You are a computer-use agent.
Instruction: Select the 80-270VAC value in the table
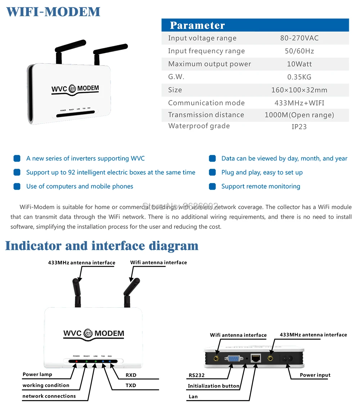point(299,38)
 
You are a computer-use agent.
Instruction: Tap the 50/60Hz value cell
point(299,51)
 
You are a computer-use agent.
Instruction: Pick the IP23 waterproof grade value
point(299,127)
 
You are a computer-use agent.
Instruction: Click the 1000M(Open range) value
point(299,115)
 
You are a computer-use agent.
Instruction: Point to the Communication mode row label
point(206,103)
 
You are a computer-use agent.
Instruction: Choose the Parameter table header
point(197,25)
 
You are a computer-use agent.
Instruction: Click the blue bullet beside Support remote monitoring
point(212,186)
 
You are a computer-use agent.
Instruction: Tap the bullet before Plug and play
point(212,172)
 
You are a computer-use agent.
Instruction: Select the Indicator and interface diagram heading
point(102,246)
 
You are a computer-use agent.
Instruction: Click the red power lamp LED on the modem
point(76,361)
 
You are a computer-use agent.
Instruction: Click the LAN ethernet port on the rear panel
point(255,358)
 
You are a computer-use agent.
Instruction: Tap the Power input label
point(315,375)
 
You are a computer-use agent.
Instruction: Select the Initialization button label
point(213,386)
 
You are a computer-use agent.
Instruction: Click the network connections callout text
point(49,396)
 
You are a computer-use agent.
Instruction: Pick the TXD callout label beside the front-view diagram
point(131,385)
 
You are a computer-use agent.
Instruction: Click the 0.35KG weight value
point(299,77)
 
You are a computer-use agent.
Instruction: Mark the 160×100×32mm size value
point(299,90)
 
